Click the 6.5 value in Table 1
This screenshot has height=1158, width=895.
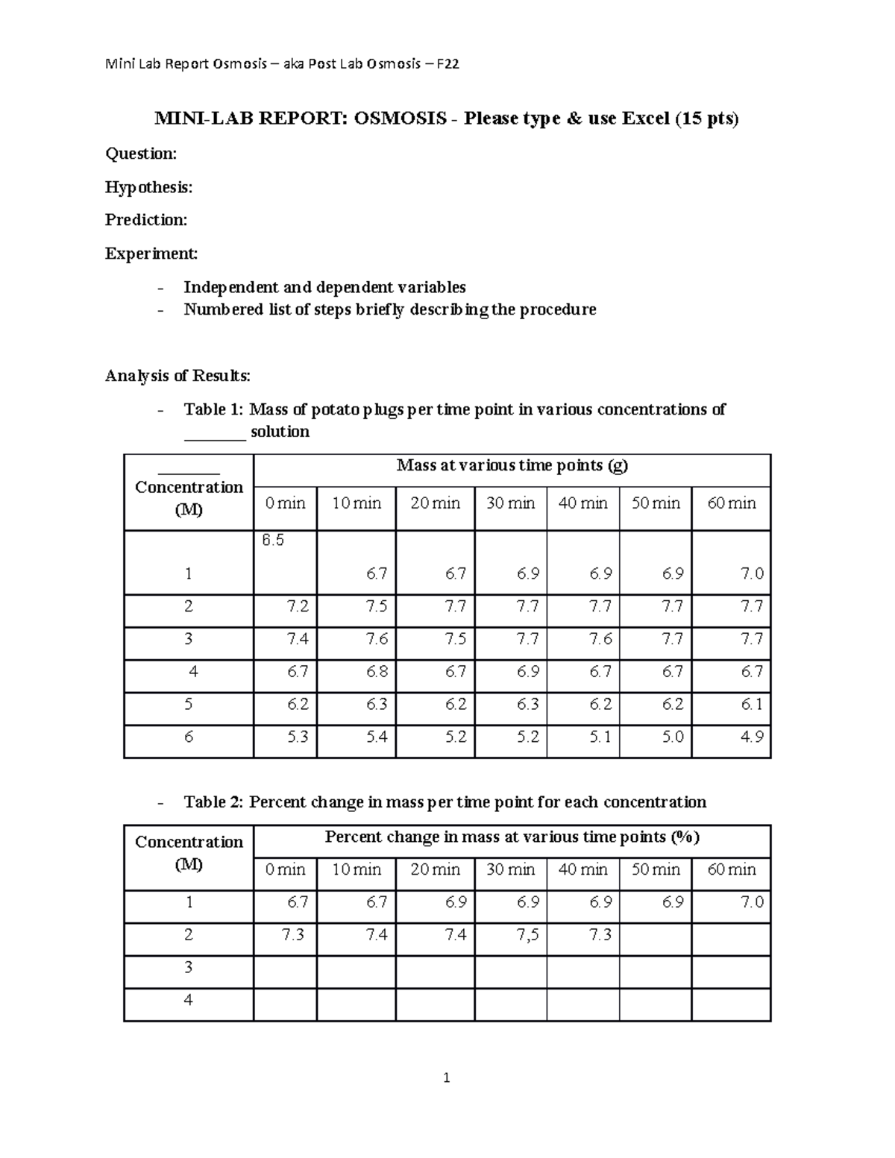(273, 541)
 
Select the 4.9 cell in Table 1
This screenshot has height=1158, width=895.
(751, 737)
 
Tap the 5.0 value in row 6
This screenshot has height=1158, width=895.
(673, 737)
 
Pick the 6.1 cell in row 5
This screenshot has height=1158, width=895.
(751, 704)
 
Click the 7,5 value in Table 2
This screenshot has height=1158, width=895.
(527, 935)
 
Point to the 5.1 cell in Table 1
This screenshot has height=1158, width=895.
(600, 737)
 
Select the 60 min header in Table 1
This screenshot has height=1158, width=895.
(731, 503)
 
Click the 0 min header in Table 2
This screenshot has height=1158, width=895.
(285, 869)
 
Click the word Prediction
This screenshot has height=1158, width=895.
(146, 220)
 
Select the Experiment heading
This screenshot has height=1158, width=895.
(151, 254)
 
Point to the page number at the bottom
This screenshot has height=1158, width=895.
(446, 1077)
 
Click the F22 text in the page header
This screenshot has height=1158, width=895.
(447, 64)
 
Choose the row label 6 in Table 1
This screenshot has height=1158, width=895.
(188, 737)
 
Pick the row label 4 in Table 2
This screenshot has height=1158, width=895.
(188, 1000)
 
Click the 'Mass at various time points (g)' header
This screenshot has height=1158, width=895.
(512, 465)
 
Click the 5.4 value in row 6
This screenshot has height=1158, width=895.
(377, 737)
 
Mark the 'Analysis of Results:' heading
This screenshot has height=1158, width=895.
(178, 375)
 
